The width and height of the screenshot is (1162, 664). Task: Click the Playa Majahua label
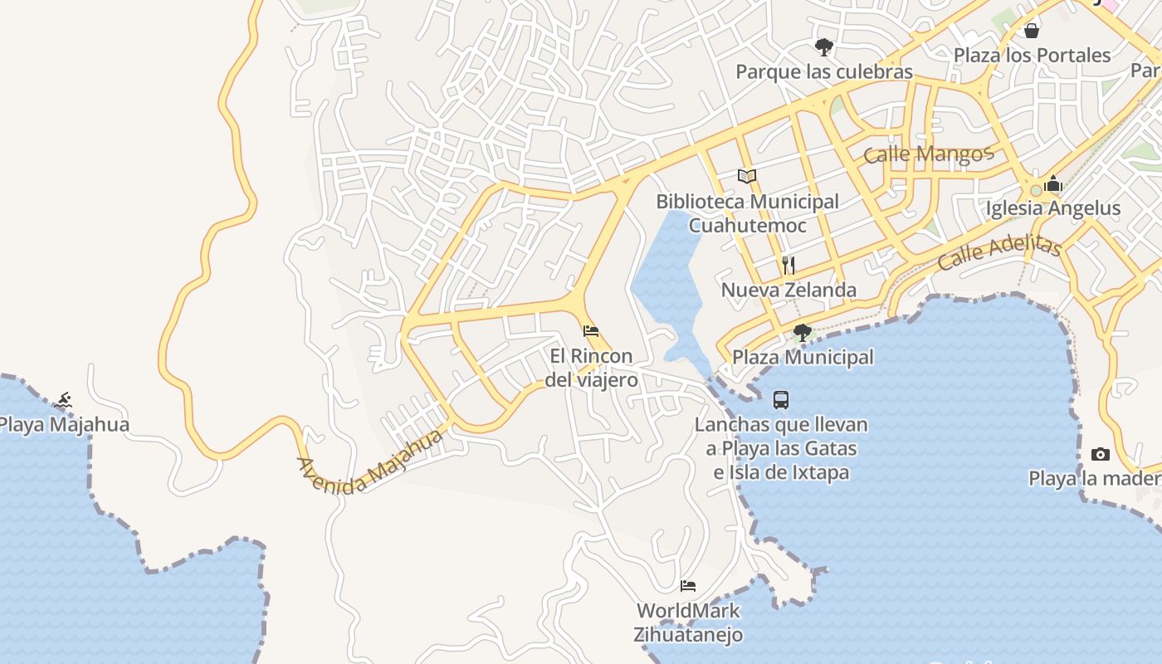click(x=65, y=425)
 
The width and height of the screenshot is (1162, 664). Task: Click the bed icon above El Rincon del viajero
click(x=591, y=331)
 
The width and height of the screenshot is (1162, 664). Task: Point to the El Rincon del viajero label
click(x=591, y=368)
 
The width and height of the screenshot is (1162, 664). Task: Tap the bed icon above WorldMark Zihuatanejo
click(x=688, y=586)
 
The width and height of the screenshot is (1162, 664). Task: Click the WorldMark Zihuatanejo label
click(x=688, y=622)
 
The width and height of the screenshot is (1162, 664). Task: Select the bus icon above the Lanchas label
click(x=781, y=400)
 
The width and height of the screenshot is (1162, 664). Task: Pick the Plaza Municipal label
click(x=803, y=358)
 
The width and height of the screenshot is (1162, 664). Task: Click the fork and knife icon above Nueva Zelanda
click(x=788, y=266)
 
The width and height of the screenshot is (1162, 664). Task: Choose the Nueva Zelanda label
click(x=788, y=290)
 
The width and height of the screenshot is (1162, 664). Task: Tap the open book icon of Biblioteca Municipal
click(x=747, y=176)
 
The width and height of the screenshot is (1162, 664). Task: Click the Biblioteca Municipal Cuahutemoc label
click(x=747, y=213)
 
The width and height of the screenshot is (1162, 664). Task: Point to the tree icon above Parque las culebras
click(x=824, y=47)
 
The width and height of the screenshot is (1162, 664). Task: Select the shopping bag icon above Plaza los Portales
click(x=1032, y=31)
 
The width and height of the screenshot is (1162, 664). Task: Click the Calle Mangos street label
click(x=928, y=154)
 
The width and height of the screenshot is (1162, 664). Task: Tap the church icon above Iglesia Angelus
click(x=1053, y=183)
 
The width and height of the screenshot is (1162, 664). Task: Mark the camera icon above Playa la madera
click(x=1101, y=454)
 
